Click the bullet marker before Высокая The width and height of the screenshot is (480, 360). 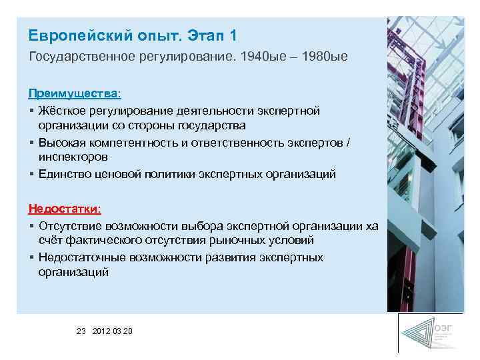click(x=31, y=141)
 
